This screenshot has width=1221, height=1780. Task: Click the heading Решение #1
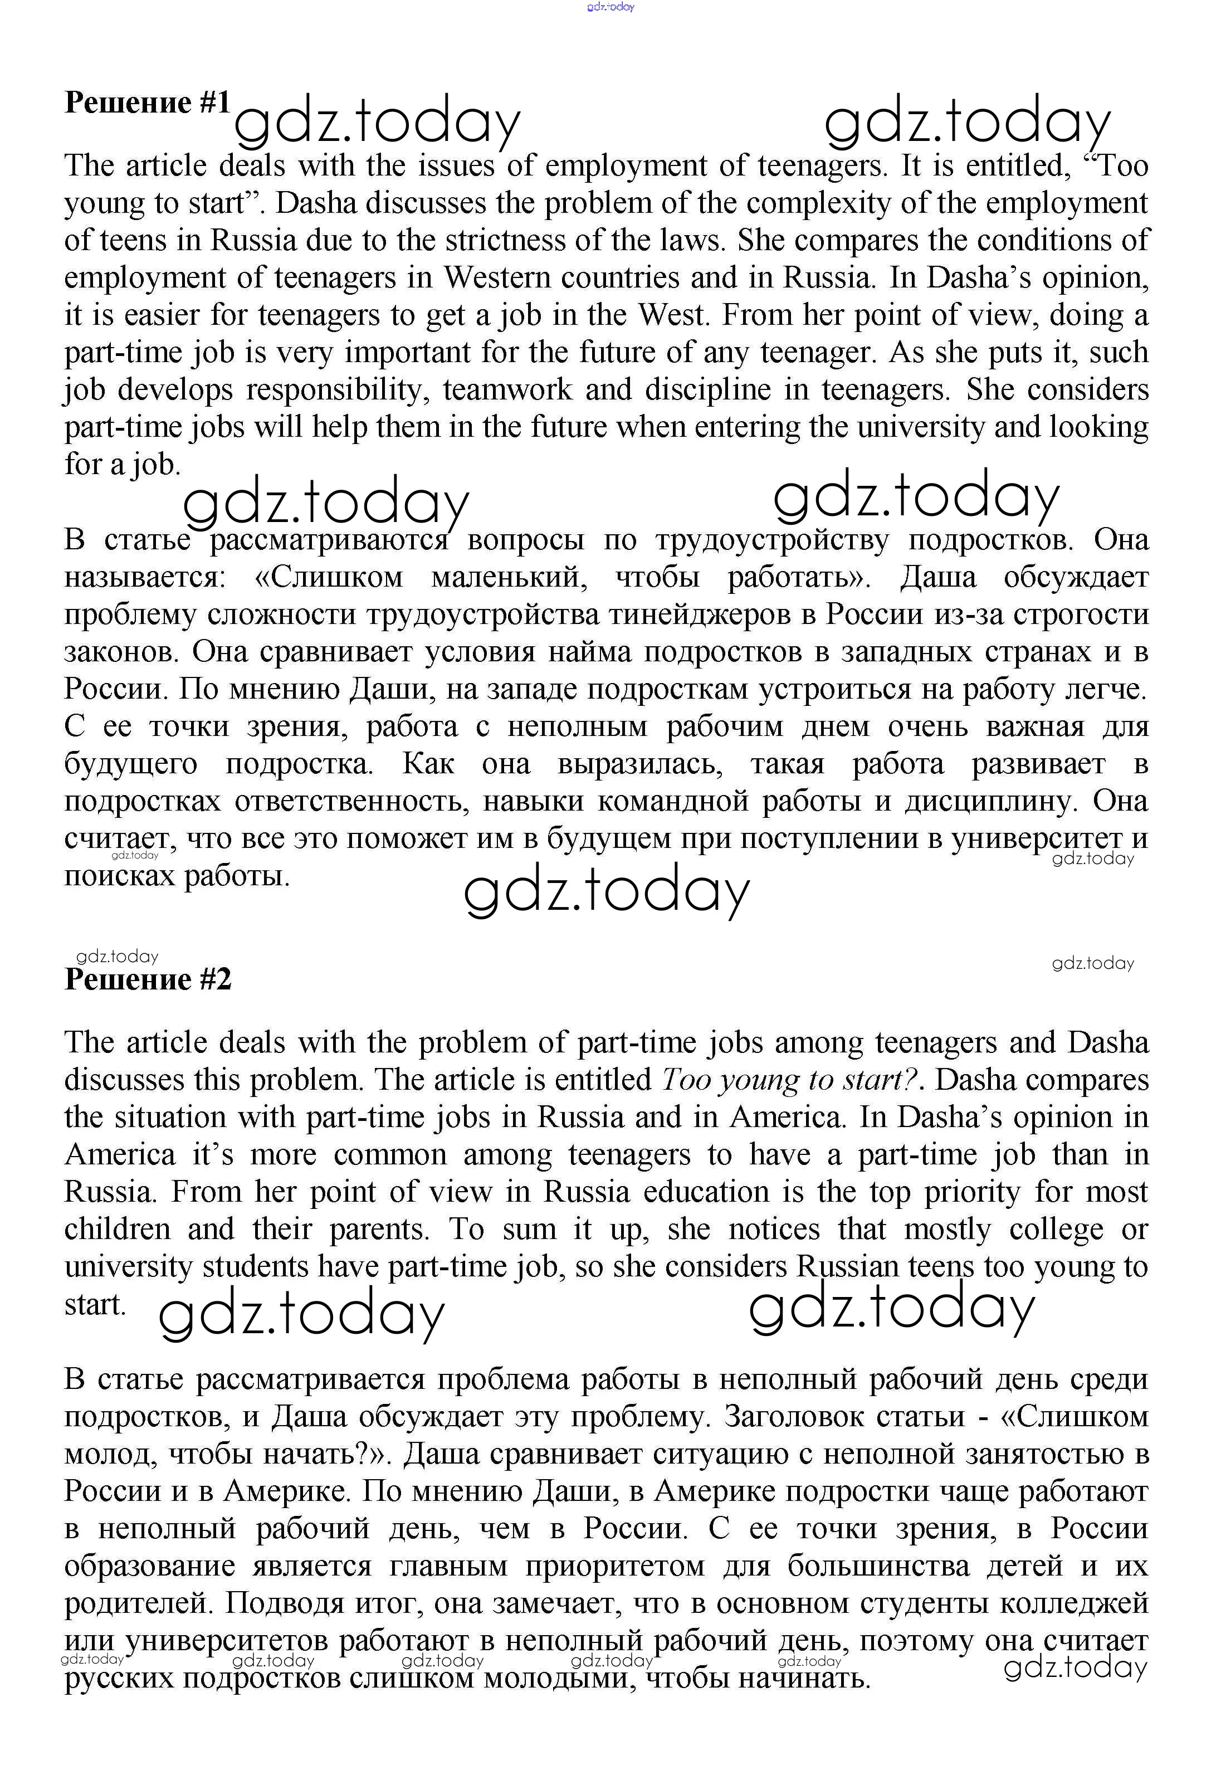(x=147, y=103)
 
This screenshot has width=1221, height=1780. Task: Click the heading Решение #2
(x=147, y=979)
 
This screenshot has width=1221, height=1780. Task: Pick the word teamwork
(x=507, y=390)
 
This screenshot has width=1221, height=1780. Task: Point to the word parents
(x=379, y=1230)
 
